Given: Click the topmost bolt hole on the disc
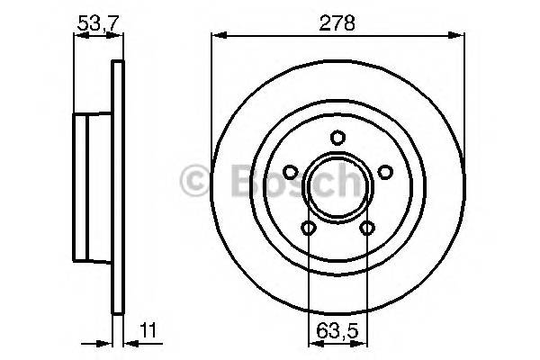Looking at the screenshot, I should coord(337,138).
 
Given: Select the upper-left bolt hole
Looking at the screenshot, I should coord(290,172).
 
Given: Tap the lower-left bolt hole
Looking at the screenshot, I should coord(309,228).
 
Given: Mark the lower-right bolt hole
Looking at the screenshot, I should coord(366,228).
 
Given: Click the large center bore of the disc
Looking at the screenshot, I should coord(337,187).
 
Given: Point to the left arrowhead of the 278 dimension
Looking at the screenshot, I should coord(216,37).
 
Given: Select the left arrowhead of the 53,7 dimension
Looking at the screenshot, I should coord(76,37).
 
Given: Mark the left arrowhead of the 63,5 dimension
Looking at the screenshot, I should coord(311,342).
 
